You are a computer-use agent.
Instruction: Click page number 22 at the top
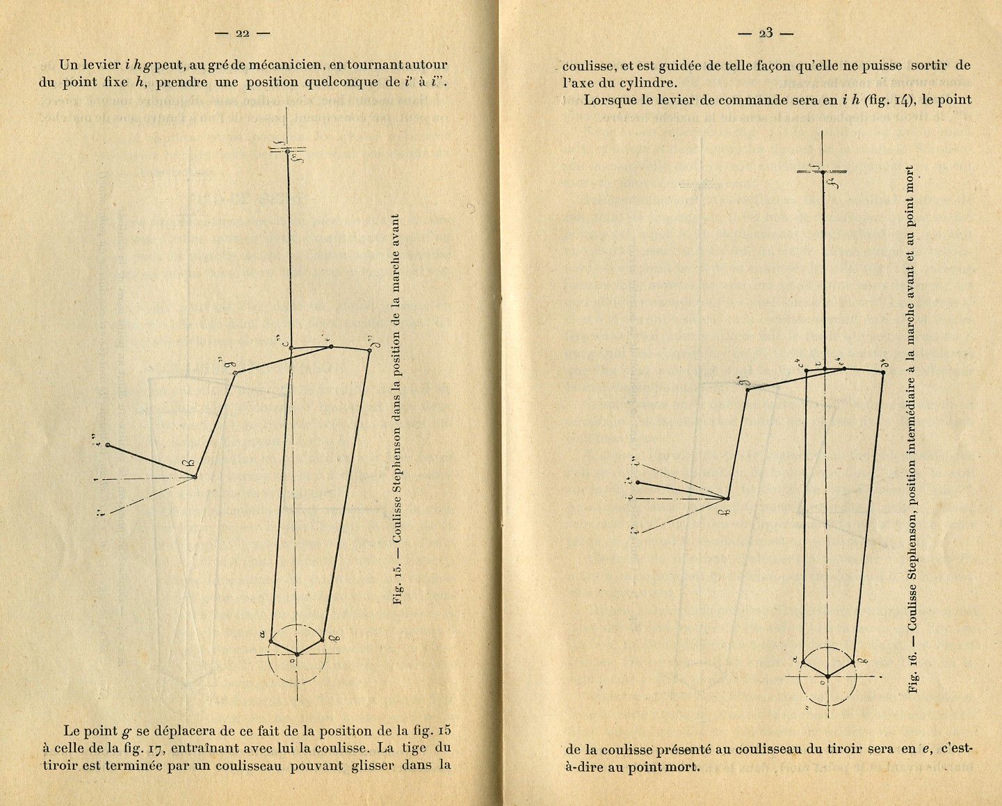click(x=242, y=33)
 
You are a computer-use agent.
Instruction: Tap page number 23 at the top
click(x=766, y=33)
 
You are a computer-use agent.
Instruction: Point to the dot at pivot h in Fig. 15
click(x=195, y=476)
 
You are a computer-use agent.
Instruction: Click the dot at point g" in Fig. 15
click(x=235, y=373)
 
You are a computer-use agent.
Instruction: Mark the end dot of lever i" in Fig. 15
click(x=108, y=444)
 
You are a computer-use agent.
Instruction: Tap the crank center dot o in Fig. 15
click(x=297, y=654)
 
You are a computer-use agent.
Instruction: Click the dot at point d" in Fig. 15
click(x=369, y=350)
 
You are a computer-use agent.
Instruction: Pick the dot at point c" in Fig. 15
click(x=291, y=348)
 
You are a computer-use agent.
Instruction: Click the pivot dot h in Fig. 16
click(x=727, y=499)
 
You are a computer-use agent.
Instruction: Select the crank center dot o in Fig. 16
click(x=827, y=676)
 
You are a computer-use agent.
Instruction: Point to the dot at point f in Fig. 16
click(x=823, y=172)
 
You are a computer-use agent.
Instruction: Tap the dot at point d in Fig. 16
click(x=883, y=372)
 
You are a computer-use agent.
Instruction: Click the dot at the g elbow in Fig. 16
click(x=748, y=389)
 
